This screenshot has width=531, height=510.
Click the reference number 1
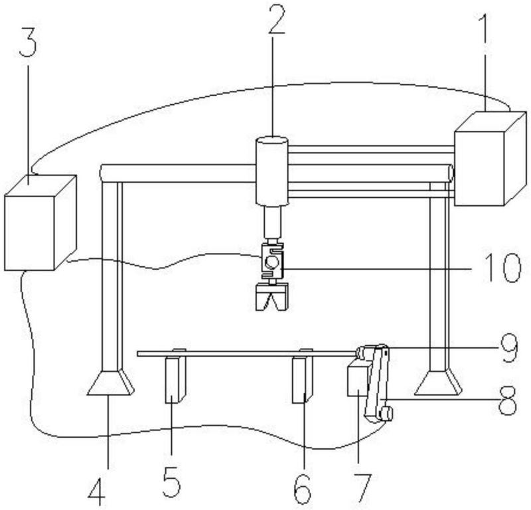pos(485,27)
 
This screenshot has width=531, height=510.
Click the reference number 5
pos(172,483)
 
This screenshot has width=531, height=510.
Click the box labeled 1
pos(491,159)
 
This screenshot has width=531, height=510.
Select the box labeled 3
pos(40,222)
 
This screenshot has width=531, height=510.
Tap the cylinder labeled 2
pos(272,171)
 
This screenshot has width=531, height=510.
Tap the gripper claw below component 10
pos(272,297)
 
